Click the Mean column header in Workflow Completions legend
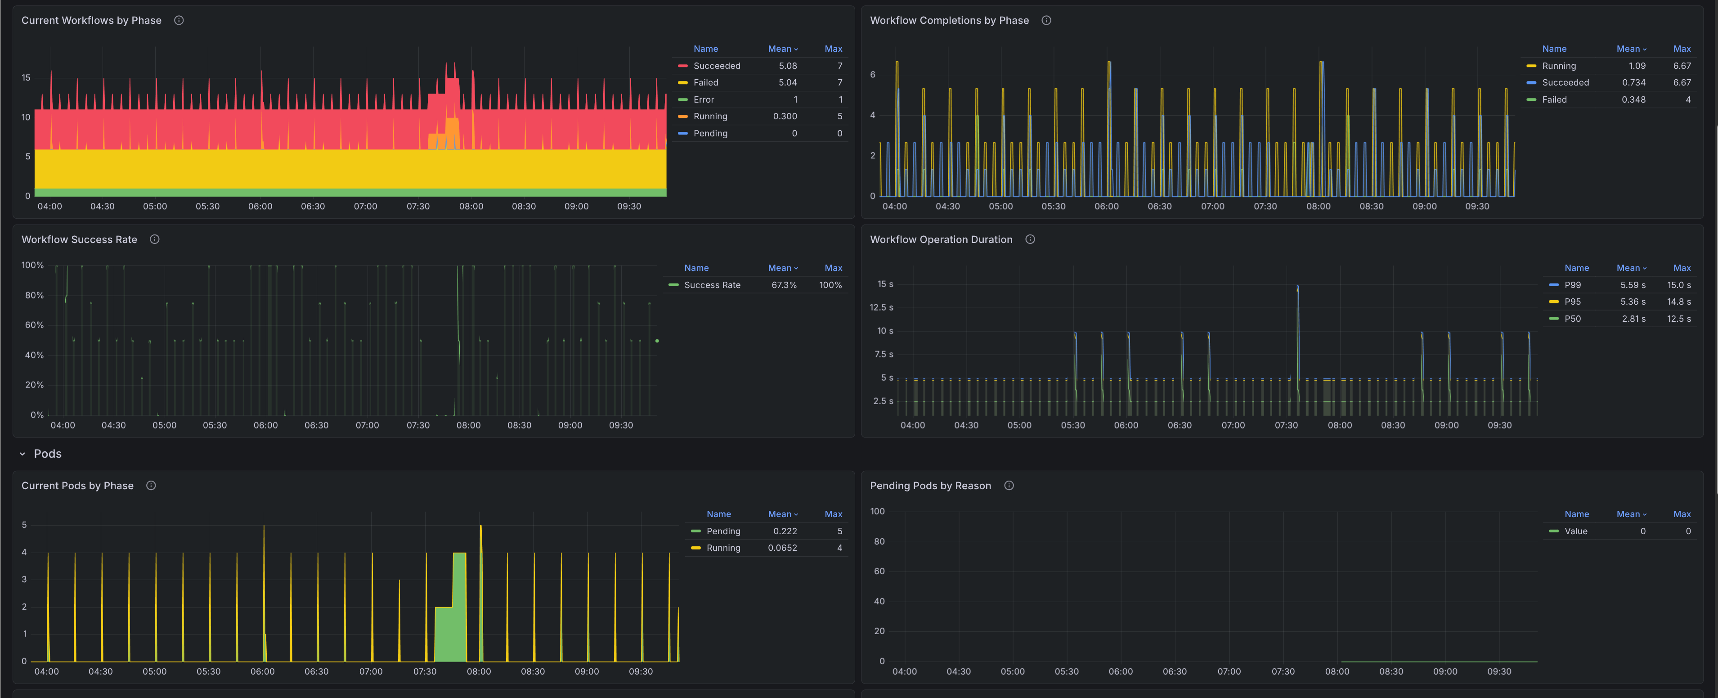pos(1630,49)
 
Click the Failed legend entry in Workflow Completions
pos(1553,99)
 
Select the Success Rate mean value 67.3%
pos(784,285)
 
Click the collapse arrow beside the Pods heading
pos(22,454)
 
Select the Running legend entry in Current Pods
pos(723,548)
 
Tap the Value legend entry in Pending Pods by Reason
pos(1575,531)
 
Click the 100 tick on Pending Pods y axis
pos(877,512)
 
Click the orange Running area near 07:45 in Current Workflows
pos(452,134)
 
